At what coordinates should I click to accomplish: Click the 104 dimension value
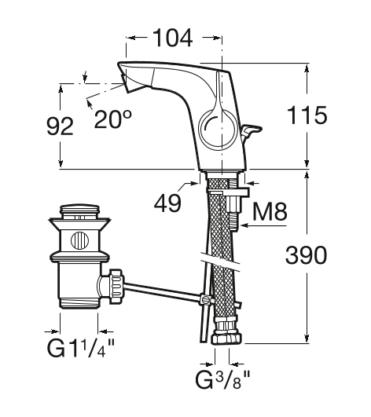(173, 38)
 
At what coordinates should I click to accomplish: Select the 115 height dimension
(307, 115)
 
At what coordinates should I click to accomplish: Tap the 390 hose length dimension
(306, 255)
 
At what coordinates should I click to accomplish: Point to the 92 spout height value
(60, 126)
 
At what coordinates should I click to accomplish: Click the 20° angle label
(113, 119)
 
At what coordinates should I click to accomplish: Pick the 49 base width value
(167, 203)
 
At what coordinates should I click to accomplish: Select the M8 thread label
(270, 211)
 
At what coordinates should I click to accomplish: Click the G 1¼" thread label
(80, 348)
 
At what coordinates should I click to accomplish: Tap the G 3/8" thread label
(222, 380)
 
